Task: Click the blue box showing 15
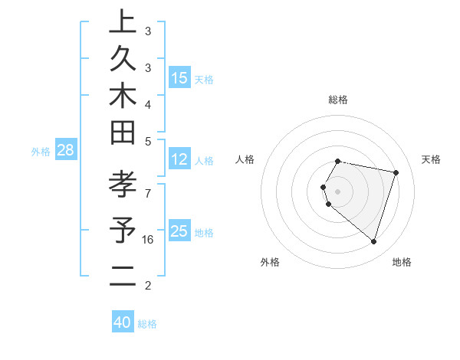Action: (179, 78)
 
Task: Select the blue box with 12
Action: (179, 159)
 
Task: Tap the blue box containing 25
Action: (179, 231)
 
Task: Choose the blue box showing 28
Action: (66, 150)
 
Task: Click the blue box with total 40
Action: (123, 322)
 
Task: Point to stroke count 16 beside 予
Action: (148, 240)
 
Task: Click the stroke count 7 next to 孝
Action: (147, 185)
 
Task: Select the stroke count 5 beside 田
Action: (147, 141)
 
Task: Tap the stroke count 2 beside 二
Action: (147, 286)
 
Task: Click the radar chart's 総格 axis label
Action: (338, 100)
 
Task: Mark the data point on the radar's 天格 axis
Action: (396, 173)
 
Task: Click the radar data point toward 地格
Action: (373, 242)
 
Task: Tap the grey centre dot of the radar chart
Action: (338, 191)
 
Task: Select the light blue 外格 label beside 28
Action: (41, 152)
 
